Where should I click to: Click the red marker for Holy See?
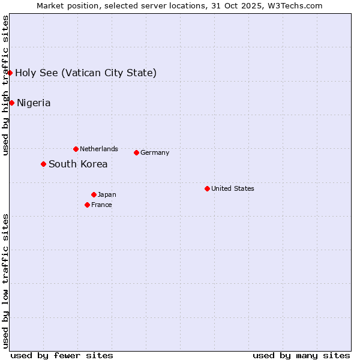click(x=10, y=73)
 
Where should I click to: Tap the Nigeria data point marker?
click(x=11, y=103)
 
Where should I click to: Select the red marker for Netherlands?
click(x=76, y=149)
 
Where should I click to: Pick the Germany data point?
click(x=136, y=152)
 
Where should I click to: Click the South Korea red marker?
click(x=43, y=164)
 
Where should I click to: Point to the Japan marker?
click(x=94, y=194)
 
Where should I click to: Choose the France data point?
click(x=87, y=205)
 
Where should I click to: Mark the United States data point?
click(x=207, y=188)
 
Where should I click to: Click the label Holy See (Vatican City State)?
click(x=86, y=73)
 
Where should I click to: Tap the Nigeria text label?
click(x=34, y=103)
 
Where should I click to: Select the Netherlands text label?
click(x=99, y=149)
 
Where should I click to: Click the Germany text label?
click(x=155, y=152)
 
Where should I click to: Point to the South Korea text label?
click(x=78, y=164)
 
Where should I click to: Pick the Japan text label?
click(x=107, y=194)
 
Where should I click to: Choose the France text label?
click(x=101, y=205)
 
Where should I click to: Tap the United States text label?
click(x=233, y=188)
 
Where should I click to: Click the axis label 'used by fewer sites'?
click(x=62, y=355)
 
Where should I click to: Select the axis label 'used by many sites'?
click(x=301, y=355)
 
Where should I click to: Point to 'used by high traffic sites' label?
click(x=5, y=85)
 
